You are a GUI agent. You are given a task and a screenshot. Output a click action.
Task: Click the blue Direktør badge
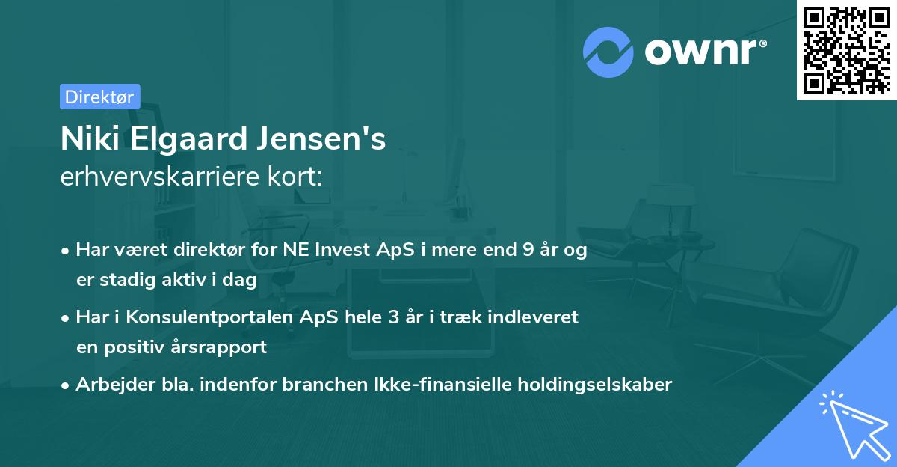(x=99, y=97)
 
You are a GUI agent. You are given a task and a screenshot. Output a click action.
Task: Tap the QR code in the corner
(x=846, y=49)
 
